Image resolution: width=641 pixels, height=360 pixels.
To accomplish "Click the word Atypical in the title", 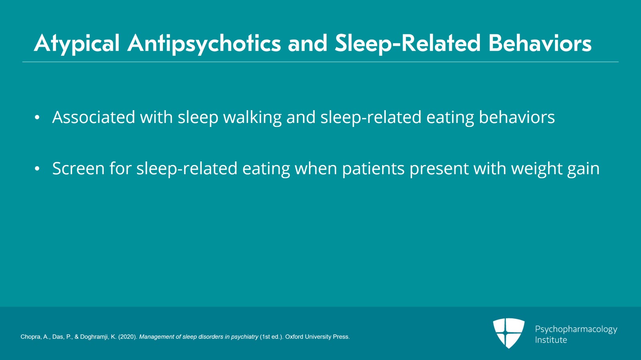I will click(x=77, y=43).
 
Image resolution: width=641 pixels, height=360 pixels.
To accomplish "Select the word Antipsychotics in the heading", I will click(x=204, y=43).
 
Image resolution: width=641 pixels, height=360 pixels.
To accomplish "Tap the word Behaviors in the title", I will click(x=540, y=43).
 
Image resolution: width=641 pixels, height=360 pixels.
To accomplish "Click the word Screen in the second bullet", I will click(x=78, y=169).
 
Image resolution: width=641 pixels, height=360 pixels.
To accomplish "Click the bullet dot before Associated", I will click(x=37, y=118).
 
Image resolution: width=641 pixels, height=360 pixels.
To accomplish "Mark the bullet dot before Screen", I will click(x=37, y=169).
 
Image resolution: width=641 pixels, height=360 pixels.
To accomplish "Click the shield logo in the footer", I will click(x=508, y=333).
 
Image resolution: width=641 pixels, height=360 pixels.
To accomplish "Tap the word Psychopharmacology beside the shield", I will click(x=576, y=329).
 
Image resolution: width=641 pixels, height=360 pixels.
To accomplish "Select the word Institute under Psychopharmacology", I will click(x=551, y=340).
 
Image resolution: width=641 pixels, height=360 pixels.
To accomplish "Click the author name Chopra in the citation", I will click(x=30, y=337).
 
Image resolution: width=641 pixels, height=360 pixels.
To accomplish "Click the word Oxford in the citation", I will click(x=294, y=337).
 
